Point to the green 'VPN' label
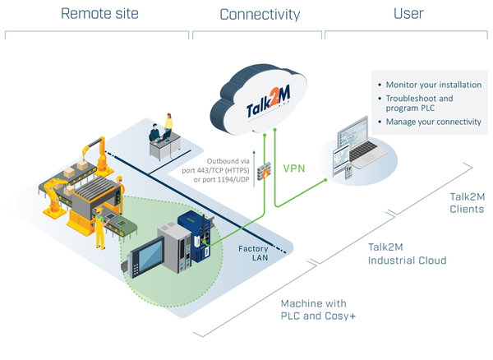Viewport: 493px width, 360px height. click(294, 167)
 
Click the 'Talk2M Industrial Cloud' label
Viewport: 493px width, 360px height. click(407, 253)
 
